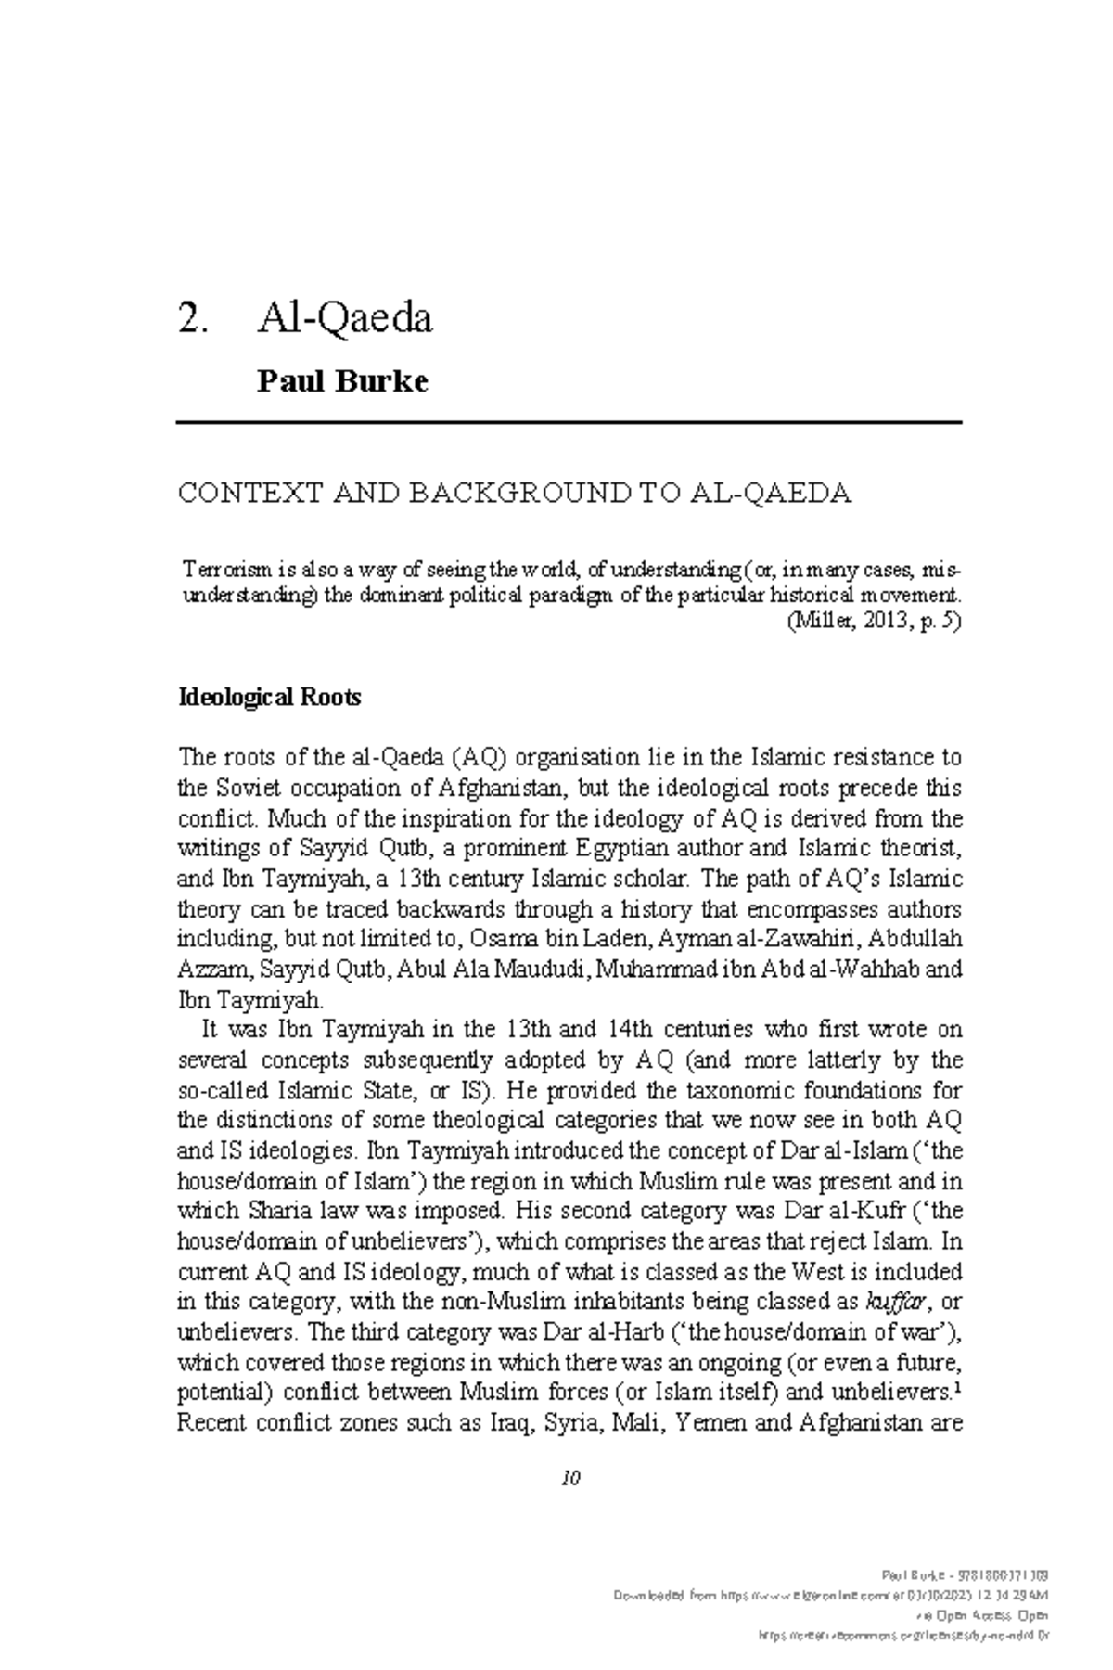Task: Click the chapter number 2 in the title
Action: (x=189, y=319)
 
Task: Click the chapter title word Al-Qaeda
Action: (x=344, y=319)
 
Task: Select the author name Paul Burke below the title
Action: (x=342, y=381)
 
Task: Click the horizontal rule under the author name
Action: (x=569, y=423)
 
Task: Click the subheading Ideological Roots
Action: (x=269, y=697)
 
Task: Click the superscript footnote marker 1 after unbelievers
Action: (x=956, y=1389)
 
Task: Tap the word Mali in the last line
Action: (x=633, y=1423)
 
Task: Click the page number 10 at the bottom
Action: (x=569, y=1479)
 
